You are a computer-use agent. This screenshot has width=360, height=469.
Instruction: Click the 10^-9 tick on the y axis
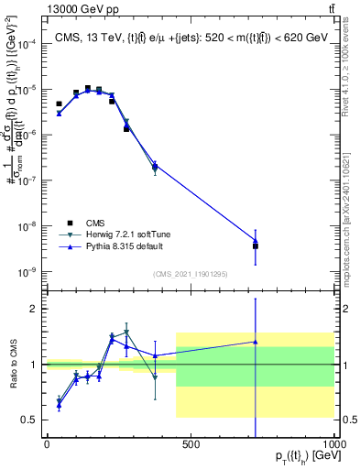click(28, 272)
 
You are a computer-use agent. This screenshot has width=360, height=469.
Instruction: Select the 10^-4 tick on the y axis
click(28, 44)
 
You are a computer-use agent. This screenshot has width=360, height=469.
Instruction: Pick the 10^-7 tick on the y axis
click(28, 180)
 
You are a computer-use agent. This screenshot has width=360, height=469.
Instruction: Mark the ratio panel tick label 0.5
click(27, 420)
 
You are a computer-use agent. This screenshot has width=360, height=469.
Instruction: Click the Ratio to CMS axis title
click(11, 364)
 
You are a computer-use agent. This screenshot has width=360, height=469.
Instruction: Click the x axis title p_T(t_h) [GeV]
click(301, 456)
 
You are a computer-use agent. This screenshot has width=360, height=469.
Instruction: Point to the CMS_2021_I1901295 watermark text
click(191, 274)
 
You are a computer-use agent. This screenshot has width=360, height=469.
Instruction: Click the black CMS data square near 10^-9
click(256, 246)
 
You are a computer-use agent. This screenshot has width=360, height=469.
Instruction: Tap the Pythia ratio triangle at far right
click(256, 342)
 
